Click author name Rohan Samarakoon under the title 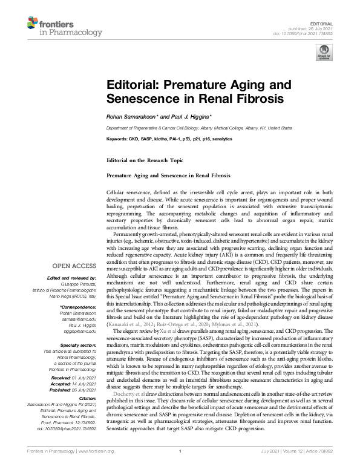(x=133, y=116)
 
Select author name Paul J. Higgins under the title (x=189, y=116)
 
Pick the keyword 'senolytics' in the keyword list (x=220, y=139)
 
